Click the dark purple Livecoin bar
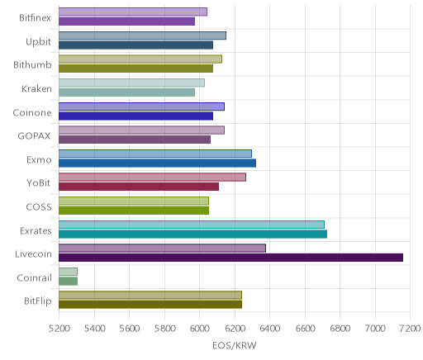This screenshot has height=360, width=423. click(231, 258)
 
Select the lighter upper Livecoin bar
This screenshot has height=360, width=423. click(162, 249)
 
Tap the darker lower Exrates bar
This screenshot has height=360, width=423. click(192, 234)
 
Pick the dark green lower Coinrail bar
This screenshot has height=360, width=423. click(68, 282)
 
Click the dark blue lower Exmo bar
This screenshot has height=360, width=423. click(157, 163)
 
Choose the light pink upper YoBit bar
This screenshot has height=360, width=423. click(152, 178)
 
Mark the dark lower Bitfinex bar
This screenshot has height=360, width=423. click(126, 21)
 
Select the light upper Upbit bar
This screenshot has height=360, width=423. click(142, 36)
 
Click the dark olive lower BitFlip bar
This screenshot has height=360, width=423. click(150, 305)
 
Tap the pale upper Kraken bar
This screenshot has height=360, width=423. click(131, 83)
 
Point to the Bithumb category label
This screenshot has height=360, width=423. click(32, 65)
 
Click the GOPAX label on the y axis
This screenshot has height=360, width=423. click(34, 136)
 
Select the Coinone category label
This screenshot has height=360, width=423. click(32, 112)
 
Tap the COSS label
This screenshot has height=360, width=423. click(39, 207)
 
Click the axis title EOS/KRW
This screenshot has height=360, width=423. click(235, 345)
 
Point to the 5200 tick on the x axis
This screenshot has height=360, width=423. click(59, 329)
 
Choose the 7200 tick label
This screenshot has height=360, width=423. click(411, 329)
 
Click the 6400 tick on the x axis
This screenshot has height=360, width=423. click(269, 329)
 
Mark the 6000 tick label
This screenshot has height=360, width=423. click(199, 329)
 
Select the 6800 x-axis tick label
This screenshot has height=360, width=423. click(340, 329)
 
